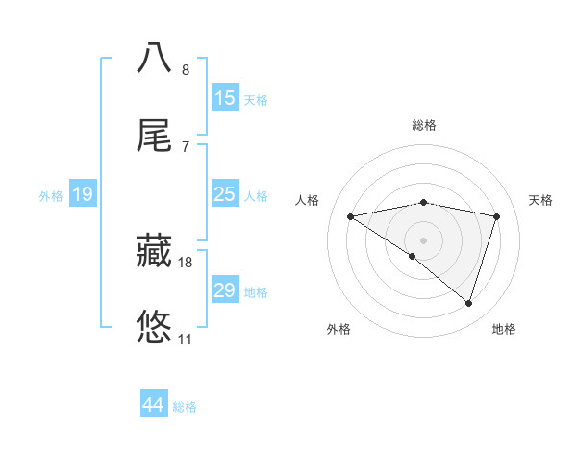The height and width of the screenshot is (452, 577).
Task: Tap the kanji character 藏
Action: [x=155, y=250]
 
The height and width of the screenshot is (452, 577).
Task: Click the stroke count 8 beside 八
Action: [x=186, y=70]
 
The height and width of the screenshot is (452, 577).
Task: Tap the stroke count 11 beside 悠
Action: [x=185, y=339]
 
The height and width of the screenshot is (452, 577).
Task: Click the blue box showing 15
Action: [x=225, y=98]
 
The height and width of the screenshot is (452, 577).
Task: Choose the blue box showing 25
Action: [x=225, y=194]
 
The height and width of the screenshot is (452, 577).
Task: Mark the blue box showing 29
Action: [x=225, y=290]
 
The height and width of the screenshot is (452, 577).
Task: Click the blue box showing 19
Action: [x=83, y=195]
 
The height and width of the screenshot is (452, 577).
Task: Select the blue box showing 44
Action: [x=154, y=405]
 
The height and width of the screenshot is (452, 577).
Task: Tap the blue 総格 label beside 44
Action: [x=185, y=407]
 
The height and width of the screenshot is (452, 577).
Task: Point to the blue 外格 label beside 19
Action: [x=51, y=196]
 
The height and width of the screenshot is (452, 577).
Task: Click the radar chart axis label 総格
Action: [x=424, y=125]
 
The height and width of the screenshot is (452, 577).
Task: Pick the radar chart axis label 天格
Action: [x=541, y=200]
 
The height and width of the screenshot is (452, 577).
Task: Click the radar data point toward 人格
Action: [x=351, y=216]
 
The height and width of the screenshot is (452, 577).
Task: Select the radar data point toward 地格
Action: [x=468, y=303]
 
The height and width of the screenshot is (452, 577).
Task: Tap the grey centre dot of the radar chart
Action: [x=424, y=239]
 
